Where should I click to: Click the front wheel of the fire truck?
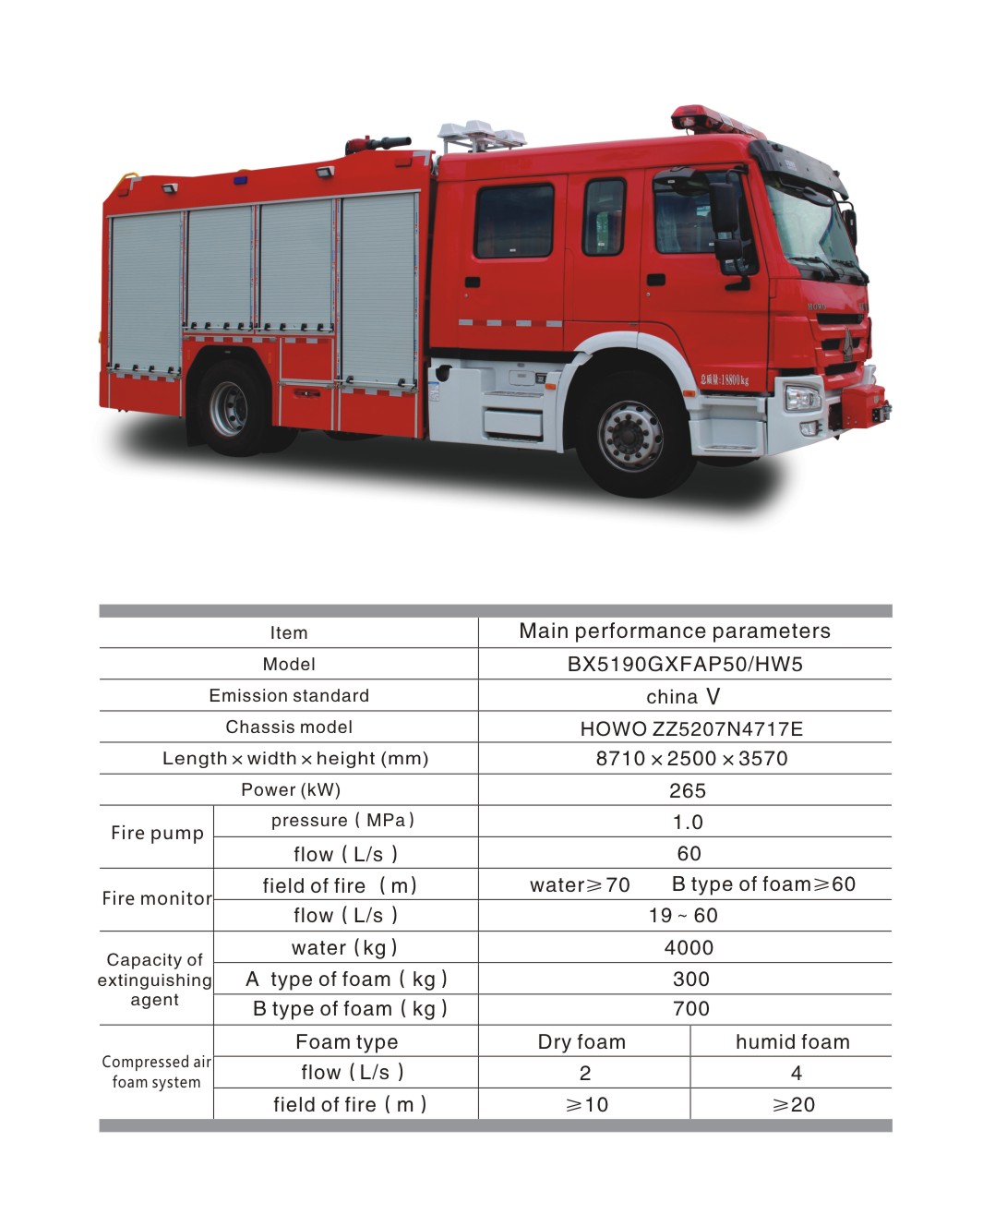[630, 434]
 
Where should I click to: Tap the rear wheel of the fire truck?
[228, 407]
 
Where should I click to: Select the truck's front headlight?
[801, 398]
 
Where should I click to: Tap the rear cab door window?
[514, 221]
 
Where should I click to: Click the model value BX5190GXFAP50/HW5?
[685, 664]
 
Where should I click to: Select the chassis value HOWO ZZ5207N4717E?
[691, 728]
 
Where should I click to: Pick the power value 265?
[687, 790]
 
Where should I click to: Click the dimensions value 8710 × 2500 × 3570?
[691, 759]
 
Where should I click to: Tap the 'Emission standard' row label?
[289, 695]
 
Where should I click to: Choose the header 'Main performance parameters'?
[675, 631]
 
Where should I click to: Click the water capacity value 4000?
[689, 947]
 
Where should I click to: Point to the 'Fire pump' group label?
[157, 833]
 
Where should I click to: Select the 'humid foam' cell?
[792, 1041]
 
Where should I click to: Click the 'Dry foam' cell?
[581, 1041]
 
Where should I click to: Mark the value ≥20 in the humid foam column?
[794, 1104]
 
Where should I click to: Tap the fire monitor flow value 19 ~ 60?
[683, 915]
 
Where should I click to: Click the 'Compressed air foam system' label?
[156, 1072]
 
